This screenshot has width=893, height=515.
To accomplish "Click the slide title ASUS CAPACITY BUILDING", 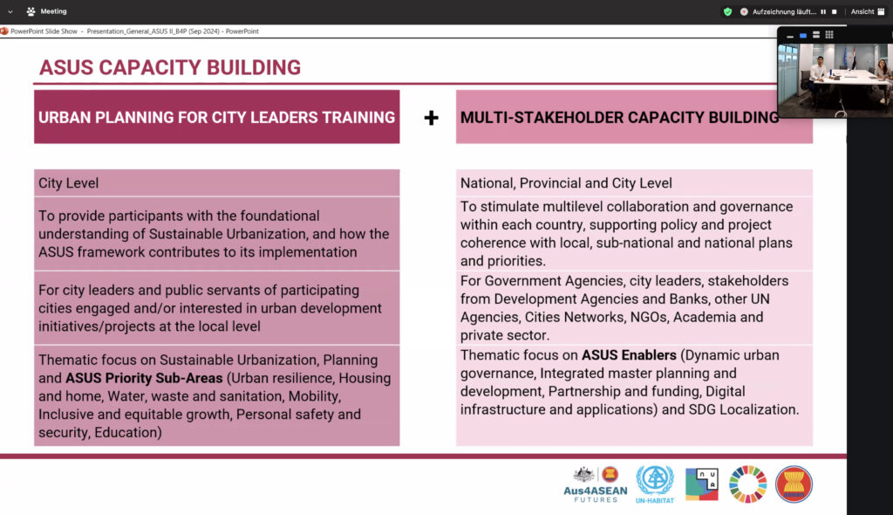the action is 170,67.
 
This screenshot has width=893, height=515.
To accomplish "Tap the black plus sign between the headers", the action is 431,118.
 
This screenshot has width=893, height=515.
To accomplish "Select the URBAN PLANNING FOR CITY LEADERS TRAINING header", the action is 216,117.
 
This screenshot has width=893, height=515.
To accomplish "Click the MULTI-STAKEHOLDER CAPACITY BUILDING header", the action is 634,117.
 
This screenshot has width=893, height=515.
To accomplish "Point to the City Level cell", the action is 216,183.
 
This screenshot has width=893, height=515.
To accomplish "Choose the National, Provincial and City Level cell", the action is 634,183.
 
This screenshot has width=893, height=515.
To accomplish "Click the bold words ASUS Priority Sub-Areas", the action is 144,378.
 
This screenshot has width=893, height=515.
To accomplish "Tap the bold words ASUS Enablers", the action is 629,354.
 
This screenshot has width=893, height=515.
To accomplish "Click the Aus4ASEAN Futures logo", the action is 596,484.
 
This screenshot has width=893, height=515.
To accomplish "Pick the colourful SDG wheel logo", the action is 747,484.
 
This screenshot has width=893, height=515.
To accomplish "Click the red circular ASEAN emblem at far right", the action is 794,484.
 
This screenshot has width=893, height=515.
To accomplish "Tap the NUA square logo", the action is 702,484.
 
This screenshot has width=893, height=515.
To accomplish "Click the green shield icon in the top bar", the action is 728,11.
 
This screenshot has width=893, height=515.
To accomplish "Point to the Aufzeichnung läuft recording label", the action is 784,11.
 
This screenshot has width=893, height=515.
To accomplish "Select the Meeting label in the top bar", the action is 53,11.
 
